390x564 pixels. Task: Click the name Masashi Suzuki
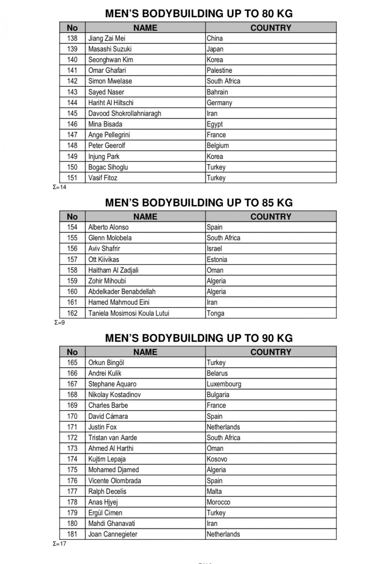(x=110, y=49)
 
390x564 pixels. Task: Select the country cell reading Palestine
(x=219, y=70)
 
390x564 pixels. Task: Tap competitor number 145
(x=72, y=113)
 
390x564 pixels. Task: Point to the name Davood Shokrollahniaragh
(x=124, y=113)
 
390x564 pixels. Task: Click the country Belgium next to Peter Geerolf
(x=218, y=146)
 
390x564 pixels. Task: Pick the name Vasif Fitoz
(x=103, y=178)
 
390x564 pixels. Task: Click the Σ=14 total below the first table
(x=60, y=187)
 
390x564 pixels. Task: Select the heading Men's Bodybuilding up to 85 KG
(x=199, y=203)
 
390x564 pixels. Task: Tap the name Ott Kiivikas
(x=104, y=259)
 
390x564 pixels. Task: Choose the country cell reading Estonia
(x=217, y=259)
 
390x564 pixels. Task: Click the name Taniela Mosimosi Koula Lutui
(x=128, y=313)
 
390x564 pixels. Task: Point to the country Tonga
(x=215, y=313)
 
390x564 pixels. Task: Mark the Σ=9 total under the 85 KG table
(x=59, y=323)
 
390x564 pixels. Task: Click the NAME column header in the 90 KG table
(x=145, y=352)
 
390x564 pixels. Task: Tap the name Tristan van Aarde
(x=112, y=438)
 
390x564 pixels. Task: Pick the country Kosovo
(x=217, y=459)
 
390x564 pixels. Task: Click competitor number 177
(x=72, y=491)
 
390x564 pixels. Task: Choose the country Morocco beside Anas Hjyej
(x=218, y=502)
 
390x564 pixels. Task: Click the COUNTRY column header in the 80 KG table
(x=271, y=28)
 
